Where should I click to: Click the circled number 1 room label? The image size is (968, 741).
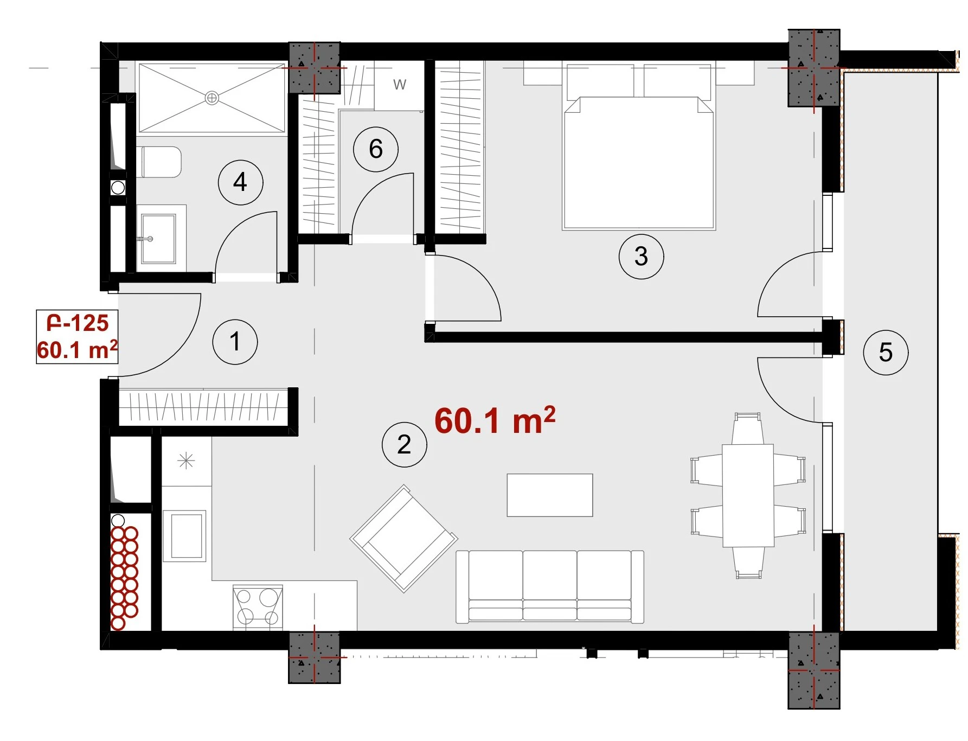click(x=235, y=342)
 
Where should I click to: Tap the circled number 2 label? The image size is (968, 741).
click(x=404, y=445)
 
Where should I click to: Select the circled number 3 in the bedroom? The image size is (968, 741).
click(x=641, y=256)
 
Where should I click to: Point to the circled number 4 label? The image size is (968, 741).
click(x=240, y=182)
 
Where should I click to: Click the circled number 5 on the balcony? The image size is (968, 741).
click(x=886, y=353)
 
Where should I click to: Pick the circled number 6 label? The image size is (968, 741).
click(x=376, y=149)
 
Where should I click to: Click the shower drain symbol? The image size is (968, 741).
click(x=212, y=98)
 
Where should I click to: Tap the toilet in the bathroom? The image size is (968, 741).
click(x=161, y=162)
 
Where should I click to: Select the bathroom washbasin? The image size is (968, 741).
click(x=158, y=238)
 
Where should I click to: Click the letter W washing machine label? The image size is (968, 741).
click(x=400, y=85)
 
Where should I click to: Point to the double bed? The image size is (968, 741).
click(x=639, y=146)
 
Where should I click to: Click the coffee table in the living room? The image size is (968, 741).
click(x=550, y=495)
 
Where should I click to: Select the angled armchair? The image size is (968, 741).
click(x=404, y=538)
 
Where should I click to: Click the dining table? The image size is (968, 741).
click(x=748, y=495)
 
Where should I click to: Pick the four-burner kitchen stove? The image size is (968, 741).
click(x=258, y=607)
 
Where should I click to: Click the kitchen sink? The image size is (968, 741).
click(x=185, y=536)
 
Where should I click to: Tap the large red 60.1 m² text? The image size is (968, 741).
click(x=495, y=420)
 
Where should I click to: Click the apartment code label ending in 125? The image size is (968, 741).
click(x=78, y=323)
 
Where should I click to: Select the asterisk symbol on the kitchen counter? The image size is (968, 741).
click(x=186, y=461)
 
